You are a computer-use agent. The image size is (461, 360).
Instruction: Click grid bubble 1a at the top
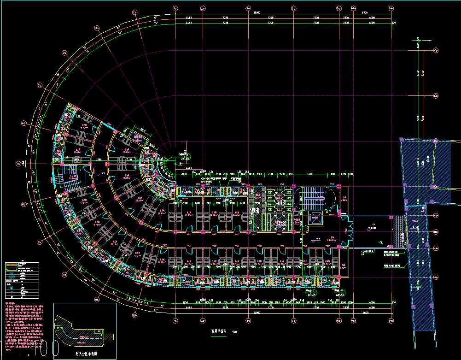coord(175,9)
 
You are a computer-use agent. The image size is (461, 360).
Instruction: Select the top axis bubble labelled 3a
coord(248,9)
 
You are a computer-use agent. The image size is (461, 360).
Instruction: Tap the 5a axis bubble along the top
coord(338,9)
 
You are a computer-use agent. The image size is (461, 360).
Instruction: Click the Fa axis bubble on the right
coord(436,50)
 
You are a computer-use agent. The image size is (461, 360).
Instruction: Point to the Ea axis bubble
coord(436,96)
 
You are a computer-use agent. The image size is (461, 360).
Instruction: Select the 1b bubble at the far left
coord(19,163)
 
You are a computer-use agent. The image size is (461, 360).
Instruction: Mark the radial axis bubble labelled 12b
coord(134,315)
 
